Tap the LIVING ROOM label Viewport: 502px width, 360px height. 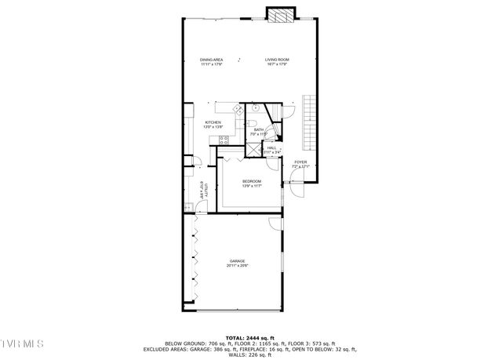[x=277, y=60]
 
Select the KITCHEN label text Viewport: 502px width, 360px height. [x=213, y=122]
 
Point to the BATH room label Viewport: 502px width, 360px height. [x=258, y=129]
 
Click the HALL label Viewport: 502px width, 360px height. [x=271, y=147]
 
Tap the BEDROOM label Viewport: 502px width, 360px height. [x=251, y=181]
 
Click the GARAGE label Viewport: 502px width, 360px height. [x=237, y=260]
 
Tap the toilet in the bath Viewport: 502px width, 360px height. [x=252, y=123]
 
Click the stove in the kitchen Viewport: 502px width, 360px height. [x=224, y=141]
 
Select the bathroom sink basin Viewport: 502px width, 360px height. [x=256, y=107]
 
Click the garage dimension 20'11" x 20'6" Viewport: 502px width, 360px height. [x=237, y=267]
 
